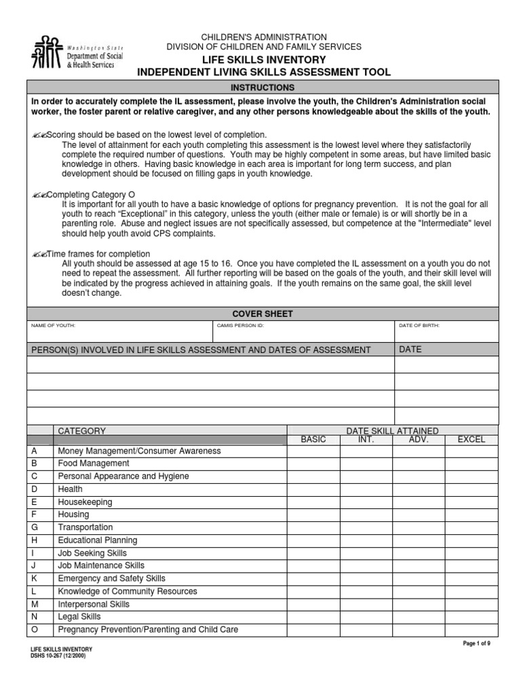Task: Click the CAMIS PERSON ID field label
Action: pos(241,326)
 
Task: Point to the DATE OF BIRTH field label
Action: pos(419,326)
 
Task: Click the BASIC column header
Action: pos(313,440)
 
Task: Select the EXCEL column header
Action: pos(471,440)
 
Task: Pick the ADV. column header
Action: pos(419,440)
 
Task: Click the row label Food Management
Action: pos(94,464)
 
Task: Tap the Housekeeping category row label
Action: pos(85,502)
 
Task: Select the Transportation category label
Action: pos(85,527)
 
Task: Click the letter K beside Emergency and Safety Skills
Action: pos(35,578)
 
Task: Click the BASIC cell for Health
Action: pos(313,489)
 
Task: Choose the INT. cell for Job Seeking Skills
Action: pos(366,553)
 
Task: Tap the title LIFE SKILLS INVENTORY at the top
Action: pos(264,60)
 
